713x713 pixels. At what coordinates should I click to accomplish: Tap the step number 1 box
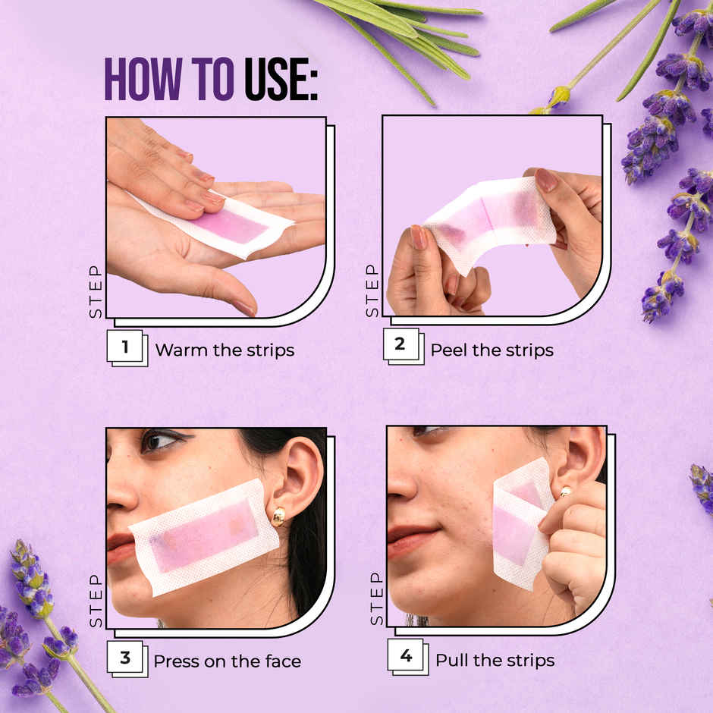(x=125, y=348)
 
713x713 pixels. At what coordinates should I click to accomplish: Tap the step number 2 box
(x=400, y=346)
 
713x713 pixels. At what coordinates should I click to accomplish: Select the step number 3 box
(x=125, y=658)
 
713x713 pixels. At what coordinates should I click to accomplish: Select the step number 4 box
(x=406, y=656)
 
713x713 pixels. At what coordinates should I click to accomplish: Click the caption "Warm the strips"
(x=225, y=350)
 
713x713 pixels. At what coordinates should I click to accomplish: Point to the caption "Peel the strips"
(x=492, y=350)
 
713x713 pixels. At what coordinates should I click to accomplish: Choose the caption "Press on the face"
(x=227, y=661)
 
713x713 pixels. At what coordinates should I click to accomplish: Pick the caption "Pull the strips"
(x=495, y=660)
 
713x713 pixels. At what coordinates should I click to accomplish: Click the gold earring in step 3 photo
(x=278, y=517)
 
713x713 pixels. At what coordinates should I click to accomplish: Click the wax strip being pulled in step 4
(x=520, y=523)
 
